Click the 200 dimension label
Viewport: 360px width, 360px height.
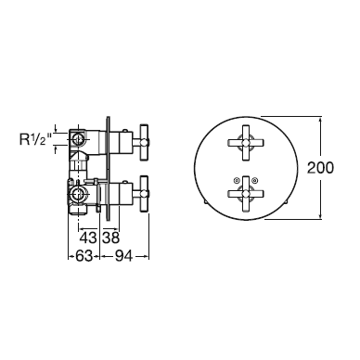[x=320, y=168]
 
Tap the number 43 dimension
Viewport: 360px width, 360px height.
[x=88, y=238]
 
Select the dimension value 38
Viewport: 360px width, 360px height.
[x=110, y=238]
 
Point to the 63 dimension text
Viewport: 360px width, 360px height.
[x=84, y=256]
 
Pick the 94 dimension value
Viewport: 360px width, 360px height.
[x=123, y=256]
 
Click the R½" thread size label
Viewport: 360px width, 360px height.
[x=35, y=139]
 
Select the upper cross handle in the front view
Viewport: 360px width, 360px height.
[x=246, y=143]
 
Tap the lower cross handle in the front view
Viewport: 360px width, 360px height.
[x=246, y=194]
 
